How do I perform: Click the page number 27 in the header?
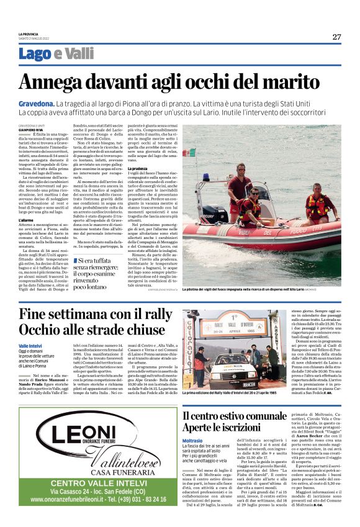[336, 37]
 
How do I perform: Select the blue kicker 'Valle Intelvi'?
[32, 345]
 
